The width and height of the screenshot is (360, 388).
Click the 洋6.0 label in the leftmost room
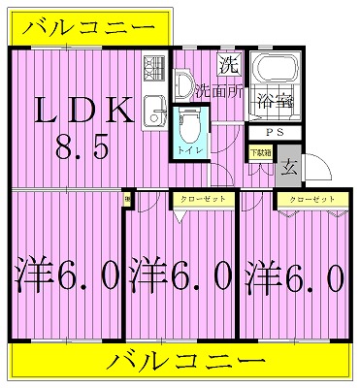pyautogui.click(x=66, y=277)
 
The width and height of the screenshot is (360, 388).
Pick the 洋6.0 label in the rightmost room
pyautogui.click(x=294, y=277)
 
